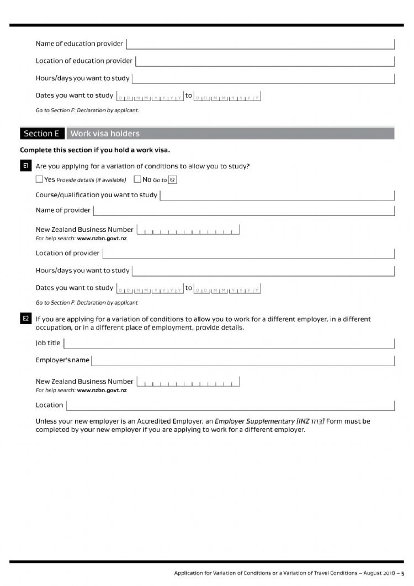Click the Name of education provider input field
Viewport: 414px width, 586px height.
(x=260, y=44)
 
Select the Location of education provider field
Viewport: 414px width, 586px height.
(x=264, y=61)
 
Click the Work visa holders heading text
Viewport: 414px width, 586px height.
(x=105, y=134)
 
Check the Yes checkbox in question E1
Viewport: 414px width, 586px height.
(x=39, y=180)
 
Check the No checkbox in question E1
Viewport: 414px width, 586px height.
(x=137, y=180)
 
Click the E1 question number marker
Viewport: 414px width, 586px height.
(x=25, y=166)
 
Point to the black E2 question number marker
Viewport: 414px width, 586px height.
(x=25, y=319)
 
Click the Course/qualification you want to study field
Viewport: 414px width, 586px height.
(x=277, y=195)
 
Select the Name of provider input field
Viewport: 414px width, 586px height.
(x=244, y=210)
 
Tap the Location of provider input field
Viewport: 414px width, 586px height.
(x=248, y=254)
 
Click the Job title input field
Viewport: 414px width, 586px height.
(x=229, y=343)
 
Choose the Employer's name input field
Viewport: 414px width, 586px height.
(x=243, y=361)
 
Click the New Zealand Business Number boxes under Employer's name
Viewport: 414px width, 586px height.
(x=188, y=382)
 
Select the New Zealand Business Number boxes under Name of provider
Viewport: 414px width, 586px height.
(x=188, y=230)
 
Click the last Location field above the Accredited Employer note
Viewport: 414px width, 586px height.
(x=230, y=405)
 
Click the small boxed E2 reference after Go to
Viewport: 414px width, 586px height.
(x=172, y=180)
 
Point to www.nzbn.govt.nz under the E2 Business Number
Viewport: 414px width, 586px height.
(x=102, y=390)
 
